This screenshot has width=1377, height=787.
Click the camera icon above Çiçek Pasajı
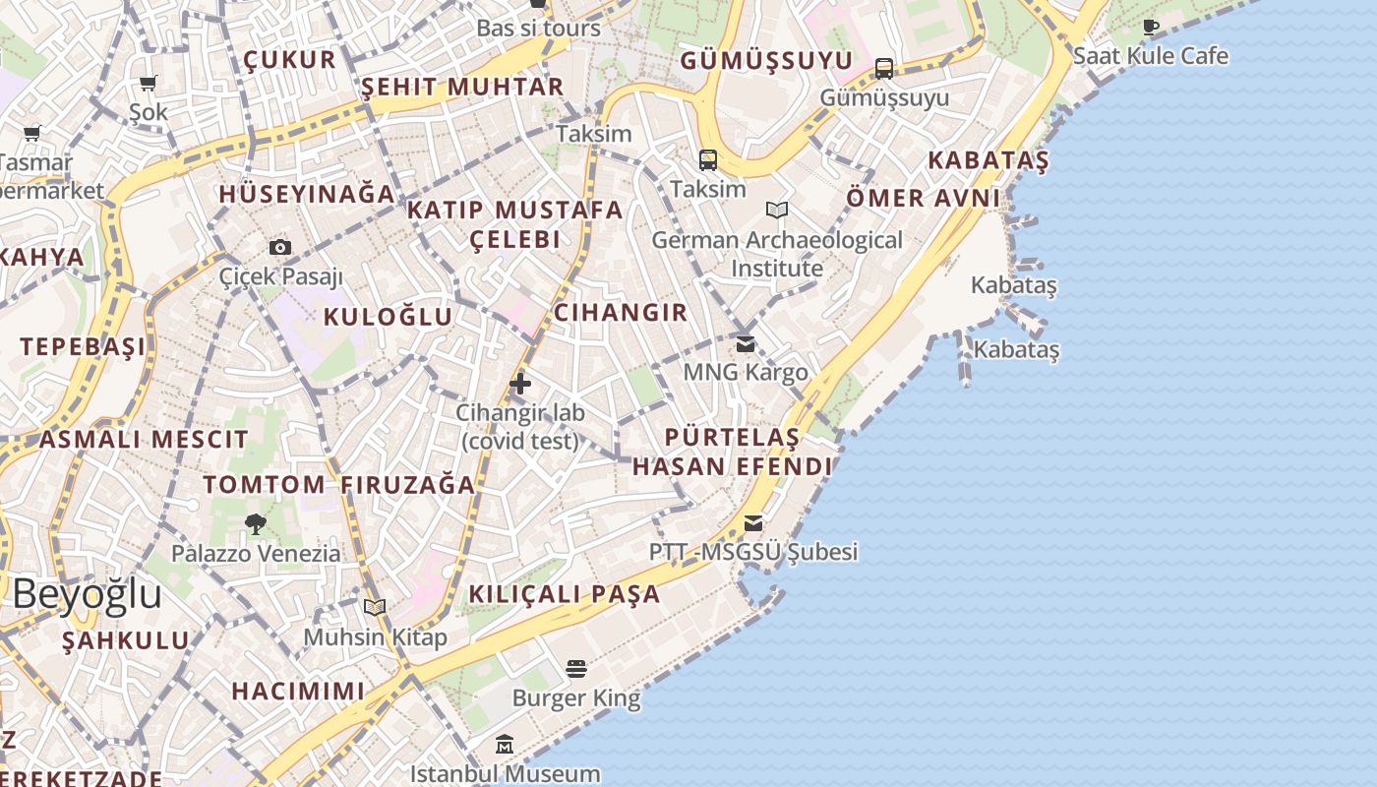tap(280, 247)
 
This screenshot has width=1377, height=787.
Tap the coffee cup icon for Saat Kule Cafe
tap(1151, 28)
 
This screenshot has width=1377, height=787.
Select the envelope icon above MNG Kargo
tap(746, 344)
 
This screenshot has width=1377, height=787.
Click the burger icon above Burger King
tap(576, 670)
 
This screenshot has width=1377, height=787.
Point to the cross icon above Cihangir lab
tap(520, 384)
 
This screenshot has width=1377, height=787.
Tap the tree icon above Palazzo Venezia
tap(256, 524)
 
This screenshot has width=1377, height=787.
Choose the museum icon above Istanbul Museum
tap(505, 745)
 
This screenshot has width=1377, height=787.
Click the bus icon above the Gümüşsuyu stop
tap(884, 69)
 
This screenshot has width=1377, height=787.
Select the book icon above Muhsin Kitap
tap(375, 607)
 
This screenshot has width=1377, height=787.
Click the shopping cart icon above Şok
tap(149, 84)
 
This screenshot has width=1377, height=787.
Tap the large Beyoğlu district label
tap(88, 595)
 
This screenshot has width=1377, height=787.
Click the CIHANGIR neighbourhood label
tap(621, 313)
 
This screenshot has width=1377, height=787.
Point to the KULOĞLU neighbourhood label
tap(388, 317)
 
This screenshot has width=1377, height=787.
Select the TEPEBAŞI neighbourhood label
tap(83, 346)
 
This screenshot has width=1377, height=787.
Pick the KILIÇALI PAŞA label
tap(565, 594)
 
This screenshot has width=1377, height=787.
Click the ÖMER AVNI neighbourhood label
tap(923, 199)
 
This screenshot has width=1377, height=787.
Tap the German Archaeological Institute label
tap(777, 254)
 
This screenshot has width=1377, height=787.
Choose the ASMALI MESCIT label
tap(144, 440)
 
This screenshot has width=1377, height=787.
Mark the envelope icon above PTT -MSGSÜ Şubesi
tap(753, 523)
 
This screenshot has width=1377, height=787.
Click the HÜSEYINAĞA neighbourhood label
tap(307, 195)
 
